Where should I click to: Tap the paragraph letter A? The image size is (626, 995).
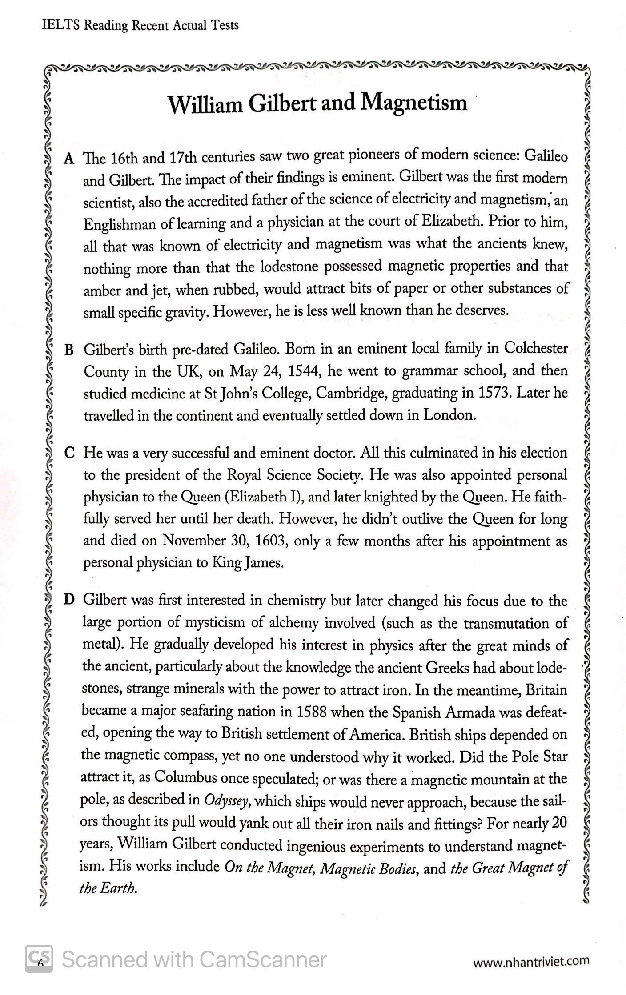[x=68, y=159]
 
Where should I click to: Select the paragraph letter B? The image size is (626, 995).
[x=68, y=350]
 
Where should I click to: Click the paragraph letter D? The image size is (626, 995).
[x=69, y=601]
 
